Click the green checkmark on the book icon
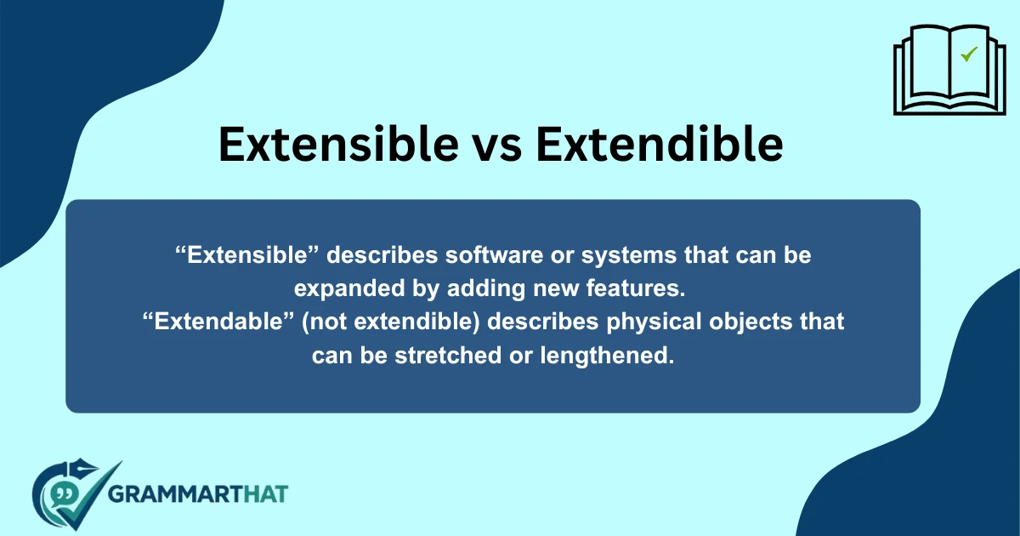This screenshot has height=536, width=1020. [968, 54]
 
